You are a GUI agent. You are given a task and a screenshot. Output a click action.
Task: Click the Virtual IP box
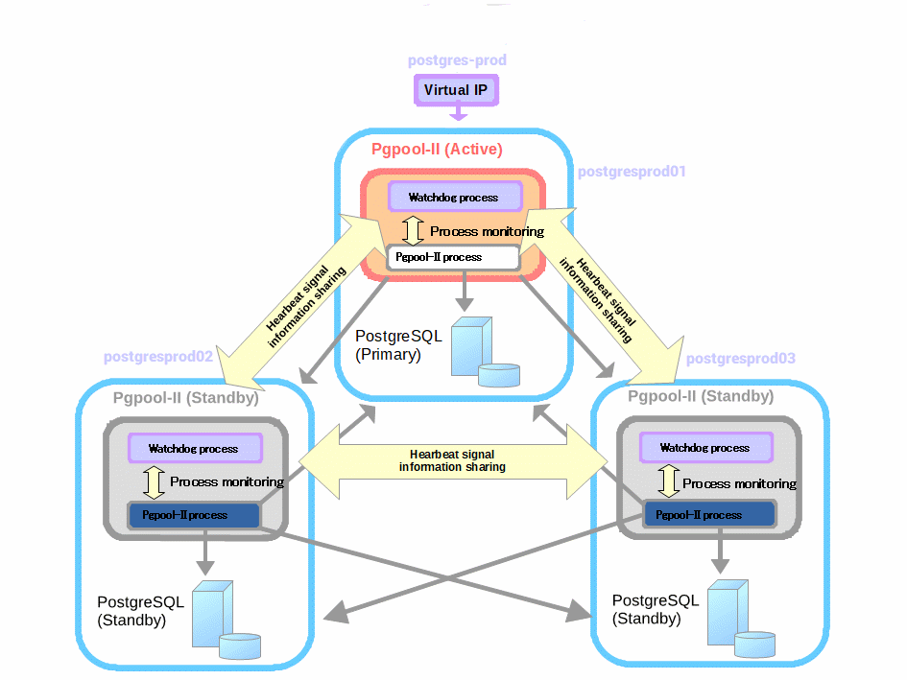pos(457,90)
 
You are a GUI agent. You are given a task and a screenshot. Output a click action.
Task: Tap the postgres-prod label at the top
pos(457,60)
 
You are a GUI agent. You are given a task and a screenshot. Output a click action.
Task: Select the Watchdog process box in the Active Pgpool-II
pos(454,197)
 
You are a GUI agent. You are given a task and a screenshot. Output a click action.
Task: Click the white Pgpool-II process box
pos(453,257)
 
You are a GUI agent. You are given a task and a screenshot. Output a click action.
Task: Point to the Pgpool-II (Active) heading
pos(437,150)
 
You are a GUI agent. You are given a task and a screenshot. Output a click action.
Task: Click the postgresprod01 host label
pos(633,172)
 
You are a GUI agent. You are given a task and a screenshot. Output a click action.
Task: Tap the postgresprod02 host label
pos(158,357)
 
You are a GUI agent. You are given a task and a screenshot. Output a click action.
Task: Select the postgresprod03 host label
pos(741,359)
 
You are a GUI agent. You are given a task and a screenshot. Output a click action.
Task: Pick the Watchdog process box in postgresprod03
pos(705,448)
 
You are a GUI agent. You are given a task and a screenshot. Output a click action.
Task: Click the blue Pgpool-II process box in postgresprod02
pos(194,515)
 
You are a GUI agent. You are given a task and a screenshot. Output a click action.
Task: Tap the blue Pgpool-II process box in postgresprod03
pos(708,515)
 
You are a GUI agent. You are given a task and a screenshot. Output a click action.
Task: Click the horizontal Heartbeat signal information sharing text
pos(452,461)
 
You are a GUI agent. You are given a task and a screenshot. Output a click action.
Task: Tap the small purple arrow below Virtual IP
pos(458,114)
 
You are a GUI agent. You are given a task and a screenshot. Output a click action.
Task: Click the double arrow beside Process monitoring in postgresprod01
pos(413,230)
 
